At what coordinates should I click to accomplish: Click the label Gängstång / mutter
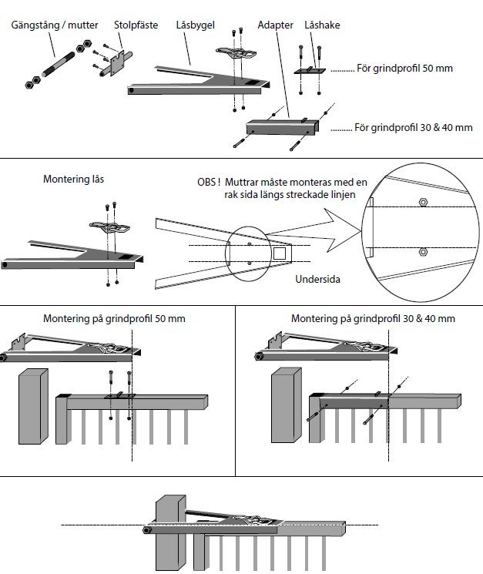coord(55,25)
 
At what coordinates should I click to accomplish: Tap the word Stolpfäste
coord(136,25)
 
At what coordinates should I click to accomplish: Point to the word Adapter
coord(276,25)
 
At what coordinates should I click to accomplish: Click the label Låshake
coord(322,25)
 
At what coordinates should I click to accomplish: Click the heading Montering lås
coord(75,180)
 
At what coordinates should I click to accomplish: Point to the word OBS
coord(208,182)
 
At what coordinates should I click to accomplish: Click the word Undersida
coord(317,279)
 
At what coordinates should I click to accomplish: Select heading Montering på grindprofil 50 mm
coord(114,317)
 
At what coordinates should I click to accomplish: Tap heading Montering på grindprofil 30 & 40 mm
coord(373,317)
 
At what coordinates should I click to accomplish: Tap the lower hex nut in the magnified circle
coord(423,252)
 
